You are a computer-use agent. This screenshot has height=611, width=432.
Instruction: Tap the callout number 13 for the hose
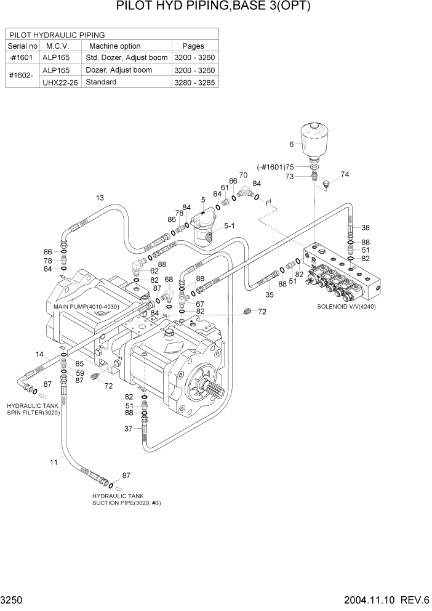pyautogui.click(x=100, y=198)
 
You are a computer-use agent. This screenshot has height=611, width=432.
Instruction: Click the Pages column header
pyautogui.click(x=193, y=46)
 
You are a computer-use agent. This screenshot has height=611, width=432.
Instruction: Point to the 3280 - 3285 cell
pyautogui.click(x=195, y=83)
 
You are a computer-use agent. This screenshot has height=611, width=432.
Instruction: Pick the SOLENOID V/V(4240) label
pyautogui.click(x=346, y=306)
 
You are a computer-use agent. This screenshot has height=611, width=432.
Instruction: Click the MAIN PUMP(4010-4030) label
pyautogui.click(x=87, y=306)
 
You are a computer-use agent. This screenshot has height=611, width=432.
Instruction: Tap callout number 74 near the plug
pyautogui.click(x=345, y=174)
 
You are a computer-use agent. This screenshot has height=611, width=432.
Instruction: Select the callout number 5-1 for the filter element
pyautogui.click(x=230, y=227)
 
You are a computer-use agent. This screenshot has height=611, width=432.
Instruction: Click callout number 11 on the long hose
pyautogui.click(x=54, y=461)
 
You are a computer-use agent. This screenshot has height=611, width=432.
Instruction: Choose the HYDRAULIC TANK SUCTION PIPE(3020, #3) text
pyautogui.click(x=126, y=500)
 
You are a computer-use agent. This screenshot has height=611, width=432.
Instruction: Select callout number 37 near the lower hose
pyautogui.click(x=129, y=429)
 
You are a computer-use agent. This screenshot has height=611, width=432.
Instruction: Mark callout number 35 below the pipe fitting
pyautogui.click(x=269, y=295)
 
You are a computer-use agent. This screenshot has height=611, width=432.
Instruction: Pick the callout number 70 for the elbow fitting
pyautogui.click(x=243, y=175)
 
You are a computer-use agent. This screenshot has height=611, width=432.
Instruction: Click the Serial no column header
pyautogui.click(x=23, y=46)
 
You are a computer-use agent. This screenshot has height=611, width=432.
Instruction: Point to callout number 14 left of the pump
pyautogui.click(x=40, y=354)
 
